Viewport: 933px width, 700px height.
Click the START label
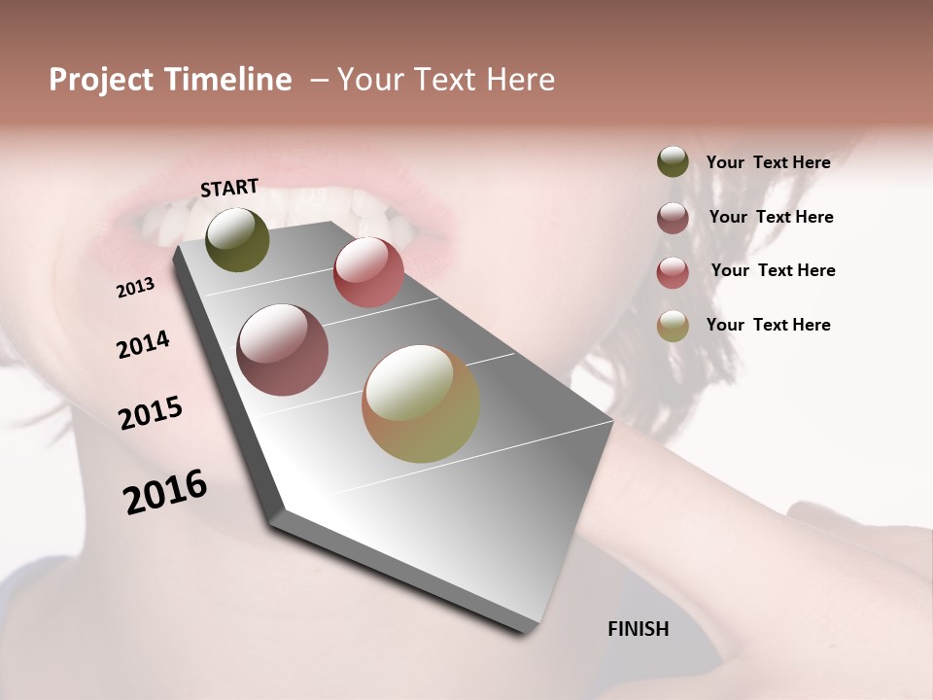[x=229, y=188]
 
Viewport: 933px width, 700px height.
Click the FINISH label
[x=639, y=629]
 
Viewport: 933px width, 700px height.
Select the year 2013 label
[x=135, y=288]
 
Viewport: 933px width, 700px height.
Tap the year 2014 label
[x=143, y=345]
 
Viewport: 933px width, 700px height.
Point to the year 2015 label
[x=151, y=413]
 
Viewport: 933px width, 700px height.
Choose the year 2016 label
[x=165, y=491]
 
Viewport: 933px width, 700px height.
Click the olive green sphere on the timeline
[x=237, y=239]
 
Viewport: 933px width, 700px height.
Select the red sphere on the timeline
[x=368, y=271]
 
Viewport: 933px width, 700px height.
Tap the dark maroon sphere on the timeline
[x=282, y=349]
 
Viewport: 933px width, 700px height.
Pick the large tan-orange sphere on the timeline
[x=421, y=403]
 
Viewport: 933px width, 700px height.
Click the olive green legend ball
[x=673, y=161]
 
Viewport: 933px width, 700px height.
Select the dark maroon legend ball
[x=673, y=218]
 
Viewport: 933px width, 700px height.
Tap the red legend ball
[x=673, y=272]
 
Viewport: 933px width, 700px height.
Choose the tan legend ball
[x=673, y=326]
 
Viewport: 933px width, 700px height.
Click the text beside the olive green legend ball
[x=768, y=162]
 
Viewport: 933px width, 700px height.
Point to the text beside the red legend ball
[x=773, y=270]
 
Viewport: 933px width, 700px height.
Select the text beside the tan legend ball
[x=768, y=325]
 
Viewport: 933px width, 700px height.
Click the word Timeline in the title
[x=227, y=80]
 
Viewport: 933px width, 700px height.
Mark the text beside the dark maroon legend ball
[x=771, y=217]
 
